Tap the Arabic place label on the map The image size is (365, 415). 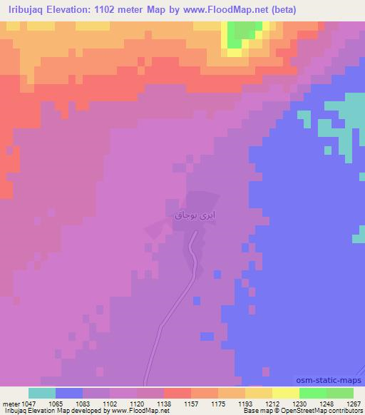click(190, 213)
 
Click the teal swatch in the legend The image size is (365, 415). click(42, 393)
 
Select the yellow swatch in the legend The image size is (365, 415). click(286, 393)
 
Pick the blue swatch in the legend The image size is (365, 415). click(69, 393)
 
